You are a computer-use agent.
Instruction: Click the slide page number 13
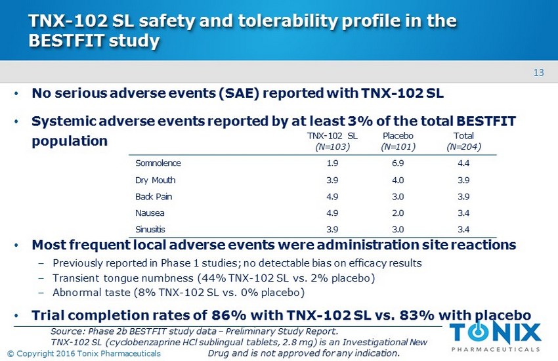[540, 72]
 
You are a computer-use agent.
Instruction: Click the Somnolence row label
[158, 162]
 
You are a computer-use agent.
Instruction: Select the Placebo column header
[397, 136]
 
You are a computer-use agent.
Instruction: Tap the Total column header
[463, 136]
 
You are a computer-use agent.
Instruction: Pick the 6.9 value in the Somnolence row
[397, 162]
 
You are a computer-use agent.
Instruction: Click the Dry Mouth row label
[156, 179]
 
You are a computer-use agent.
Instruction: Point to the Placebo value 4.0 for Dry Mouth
[397, 179]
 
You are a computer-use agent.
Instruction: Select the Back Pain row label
[153, 196]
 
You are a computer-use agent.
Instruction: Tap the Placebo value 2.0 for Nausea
[397, 213]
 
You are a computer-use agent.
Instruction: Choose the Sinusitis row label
[150, 230]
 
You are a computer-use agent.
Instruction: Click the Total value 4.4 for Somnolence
[463, 162]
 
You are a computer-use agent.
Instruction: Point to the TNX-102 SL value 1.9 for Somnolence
[332, 162]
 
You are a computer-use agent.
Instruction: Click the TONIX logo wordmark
[496, 332]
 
